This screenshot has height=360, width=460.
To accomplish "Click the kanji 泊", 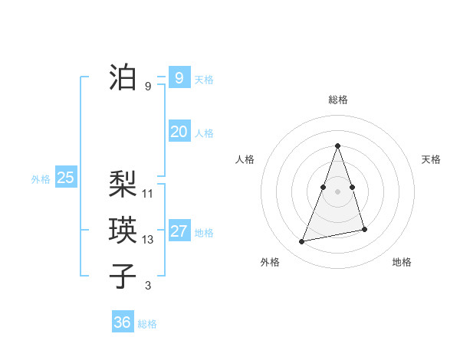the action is (x=123, y=77).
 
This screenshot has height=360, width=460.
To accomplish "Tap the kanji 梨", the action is (x=123, y=184).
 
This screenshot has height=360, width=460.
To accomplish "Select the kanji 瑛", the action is (x=123, y=230).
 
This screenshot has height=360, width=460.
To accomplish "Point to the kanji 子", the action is (x=123, y=276).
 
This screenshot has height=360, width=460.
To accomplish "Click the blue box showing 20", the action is (x=179, y=132).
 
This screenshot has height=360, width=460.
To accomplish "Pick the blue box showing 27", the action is (x=179, y=231).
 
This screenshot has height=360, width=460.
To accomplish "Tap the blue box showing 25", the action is (x=65, y=178).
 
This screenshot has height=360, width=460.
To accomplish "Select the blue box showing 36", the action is (x=122, y=322).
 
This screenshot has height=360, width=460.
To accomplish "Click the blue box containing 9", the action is (x=179, y=78).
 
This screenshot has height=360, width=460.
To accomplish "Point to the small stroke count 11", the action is (x=148, y=194).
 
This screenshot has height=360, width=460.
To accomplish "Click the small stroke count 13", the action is (x=148, y=240).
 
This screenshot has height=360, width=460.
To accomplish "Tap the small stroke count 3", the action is (x=148, y=286).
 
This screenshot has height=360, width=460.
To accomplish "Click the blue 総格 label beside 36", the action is (x=147, y=324).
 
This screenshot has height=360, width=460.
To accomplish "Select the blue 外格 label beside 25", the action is (x=41, y=179).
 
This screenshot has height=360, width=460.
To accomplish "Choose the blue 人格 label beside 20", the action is (x=204, y=133).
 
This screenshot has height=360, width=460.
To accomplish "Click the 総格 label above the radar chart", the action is (x=337, y=100).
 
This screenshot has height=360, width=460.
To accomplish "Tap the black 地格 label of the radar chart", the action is (x=402, y=262).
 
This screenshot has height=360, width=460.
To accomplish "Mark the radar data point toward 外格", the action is (x=302, y=242).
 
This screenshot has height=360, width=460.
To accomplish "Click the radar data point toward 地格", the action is (x=364, y=230).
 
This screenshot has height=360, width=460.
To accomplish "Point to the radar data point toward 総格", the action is (x=337, y=146).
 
